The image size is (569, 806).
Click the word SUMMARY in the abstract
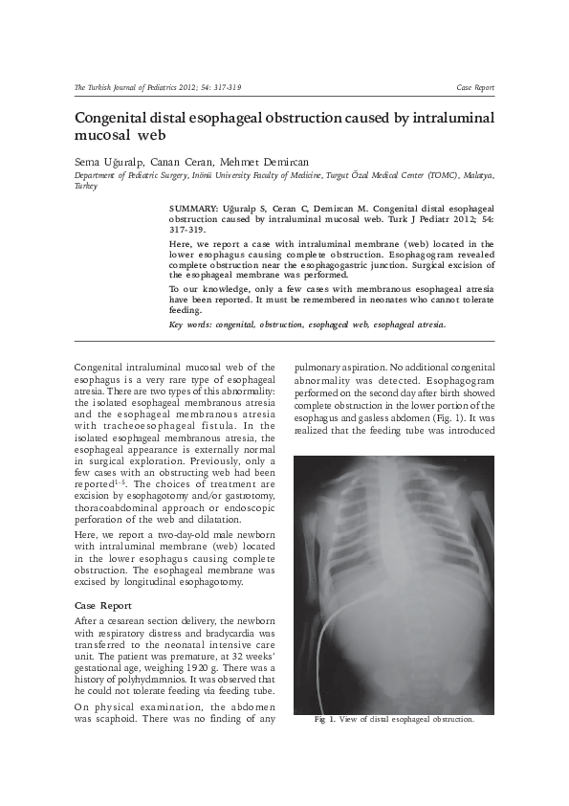pos(190,207)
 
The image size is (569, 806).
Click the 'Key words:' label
pos(189,325)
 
